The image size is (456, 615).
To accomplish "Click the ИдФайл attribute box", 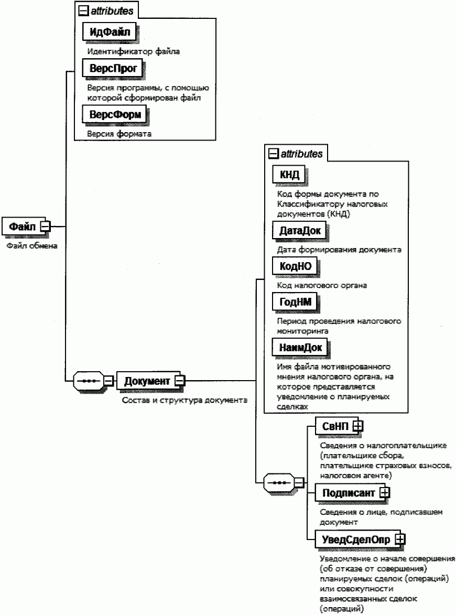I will tap(110, 33).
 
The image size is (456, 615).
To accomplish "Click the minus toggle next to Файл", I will tap(45, 226).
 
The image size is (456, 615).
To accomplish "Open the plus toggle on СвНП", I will tap(358, 426).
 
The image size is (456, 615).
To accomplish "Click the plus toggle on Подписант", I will tap(385, 492).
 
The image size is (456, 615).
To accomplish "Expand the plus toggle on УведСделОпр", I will tap(400, 538).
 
